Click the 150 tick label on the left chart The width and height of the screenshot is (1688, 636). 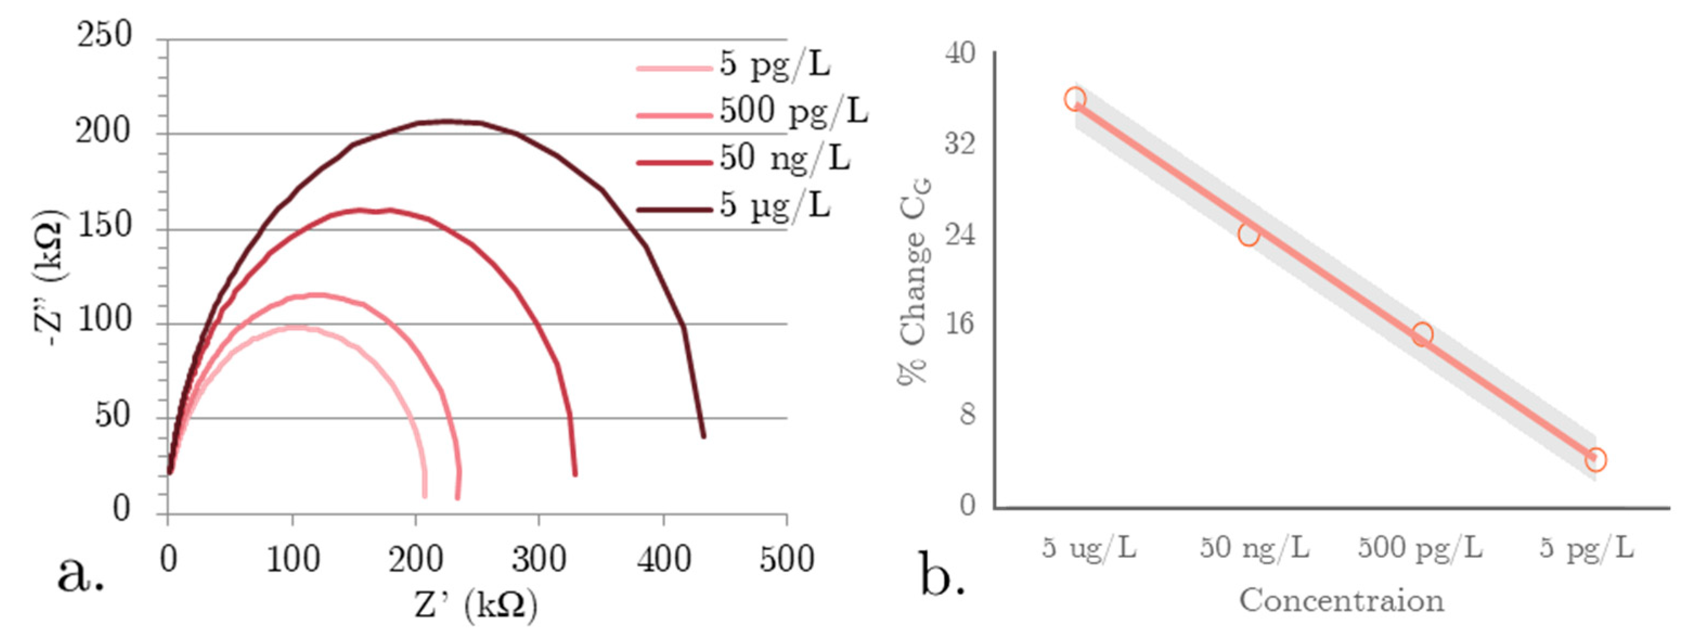[104, 225]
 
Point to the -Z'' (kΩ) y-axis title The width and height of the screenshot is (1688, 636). [50, 278]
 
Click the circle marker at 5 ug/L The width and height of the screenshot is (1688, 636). [1075, 100]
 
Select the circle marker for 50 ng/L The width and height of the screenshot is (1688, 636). [1249, 234]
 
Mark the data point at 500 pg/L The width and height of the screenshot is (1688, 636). [1421, 335]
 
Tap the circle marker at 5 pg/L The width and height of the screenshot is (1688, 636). [1595, 460]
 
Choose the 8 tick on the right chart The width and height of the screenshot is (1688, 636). [967, 414]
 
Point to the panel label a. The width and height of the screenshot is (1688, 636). [80, 574]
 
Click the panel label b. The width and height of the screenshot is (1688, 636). [942, 574]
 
